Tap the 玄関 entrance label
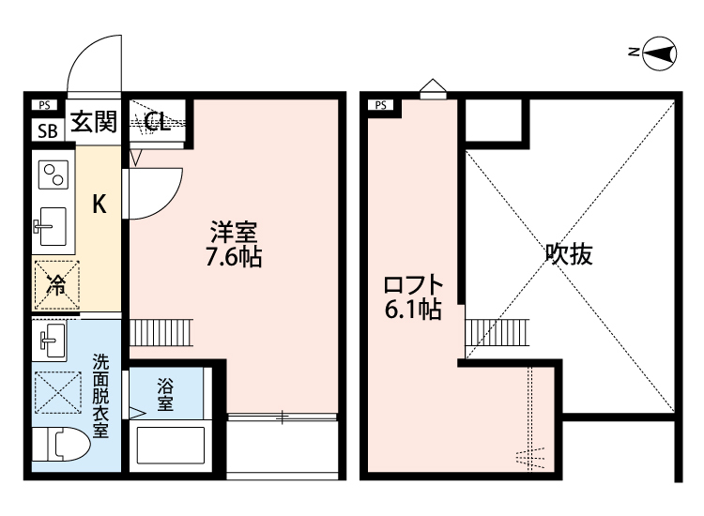point(93,123)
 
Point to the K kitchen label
point(98,205)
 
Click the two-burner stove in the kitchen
point(52,175)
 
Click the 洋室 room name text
point(233,231)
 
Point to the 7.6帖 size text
point(233,256)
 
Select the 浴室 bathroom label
point(165,393)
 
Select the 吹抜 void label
point(570,254)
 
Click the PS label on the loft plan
point(381,105)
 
